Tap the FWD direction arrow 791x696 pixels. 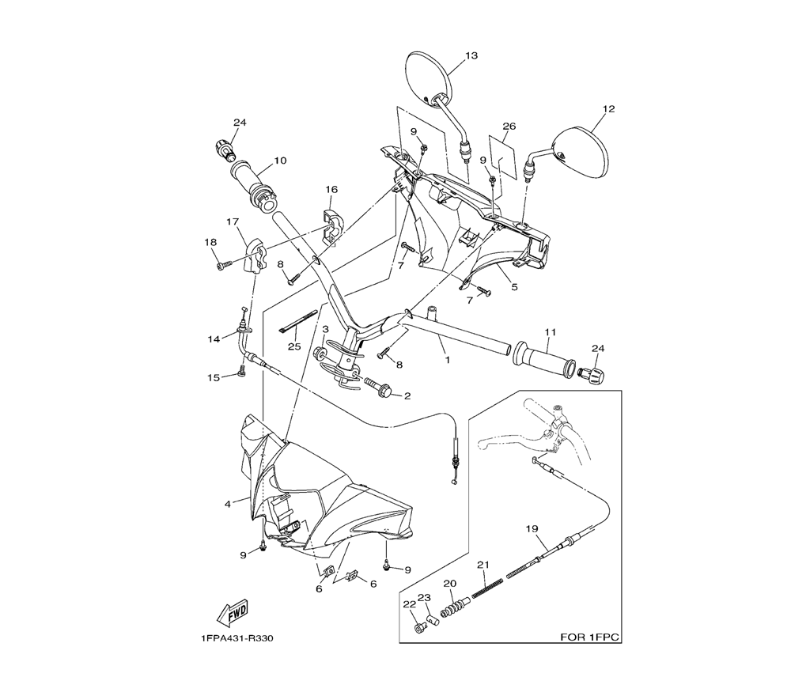point(233,612)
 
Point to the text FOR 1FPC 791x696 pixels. point(589,636)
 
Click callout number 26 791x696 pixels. point(509,126)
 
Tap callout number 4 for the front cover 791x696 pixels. point(228,503)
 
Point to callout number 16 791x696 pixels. point(331,190)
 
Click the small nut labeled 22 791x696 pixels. point(419,627)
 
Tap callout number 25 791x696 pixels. point(295,346)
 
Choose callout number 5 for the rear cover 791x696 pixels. point(514,287)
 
